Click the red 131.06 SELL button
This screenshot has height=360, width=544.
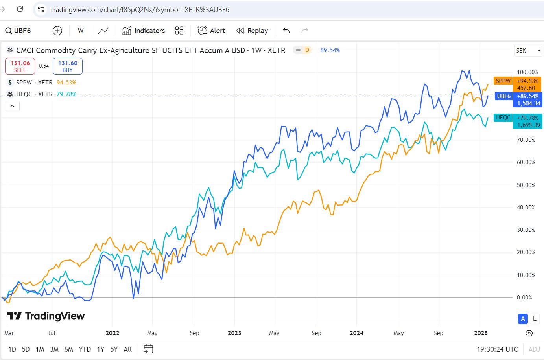(x=20, y=66)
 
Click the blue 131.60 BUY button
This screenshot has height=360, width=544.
(x=68, y=66)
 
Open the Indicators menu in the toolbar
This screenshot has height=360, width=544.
(x=143, y=31)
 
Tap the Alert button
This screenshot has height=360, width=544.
(x=211, y=31)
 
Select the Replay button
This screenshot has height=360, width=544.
(x=252, y=31)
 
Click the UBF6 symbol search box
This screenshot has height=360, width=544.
(x=18, y=31)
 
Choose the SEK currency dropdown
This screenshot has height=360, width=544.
(x=528, y=50)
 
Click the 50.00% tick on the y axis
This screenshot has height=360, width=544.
(x=526, y=185)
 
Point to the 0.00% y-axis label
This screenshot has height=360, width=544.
(x=524, y=297)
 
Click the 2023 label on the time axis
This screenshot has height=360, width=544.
(x=234, y=333)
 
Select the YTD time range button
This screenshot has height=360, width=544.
(x=85, y=349)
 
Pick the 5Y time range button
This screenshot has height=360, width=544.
(x=114, y=349)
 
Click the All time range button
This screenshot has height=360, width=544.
(x=128, y=349)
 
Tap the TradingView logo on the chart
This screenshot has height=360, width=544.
(x=46, y=316)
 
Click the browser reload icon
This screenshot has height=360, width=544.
(x=20, y=9)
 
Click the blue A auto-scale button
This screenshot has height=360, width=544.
(x=523, y=319)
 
